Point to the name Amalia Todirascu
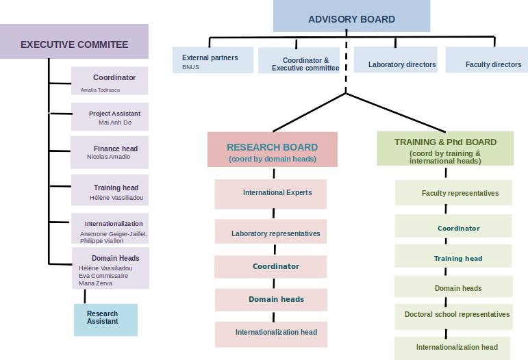pyautogui.click(x=100, y=90)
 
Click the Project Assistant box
pyautogui.click(x=110, y=117)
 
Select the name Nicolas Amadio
pyautogui.click(x=108, y=157)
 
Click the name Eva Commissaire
pyautogui.click(x=103, y=275)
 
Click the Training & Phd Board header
pyautogui.click(x=445, y=149)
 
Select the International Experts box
pyautogui.click(x=271, y=194)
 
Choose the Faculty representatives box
pyautogui.click(x=453, y=192)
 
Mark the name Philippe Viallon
pyautogui.click(x=101, y=241)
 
